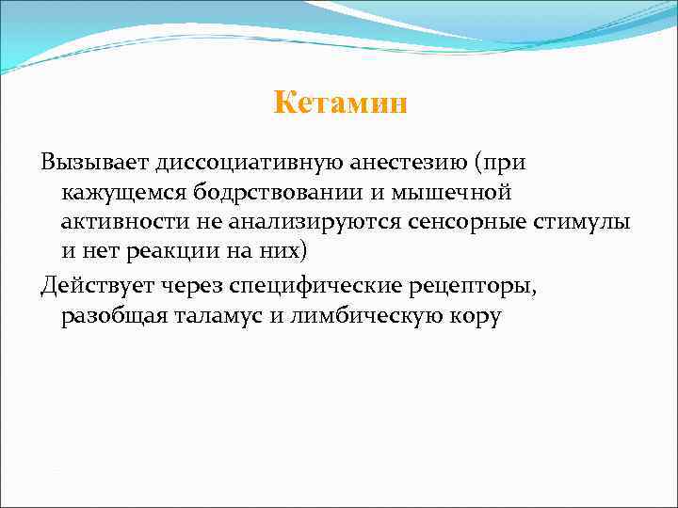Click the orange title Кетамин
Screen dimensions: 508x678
pos(340,103)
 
